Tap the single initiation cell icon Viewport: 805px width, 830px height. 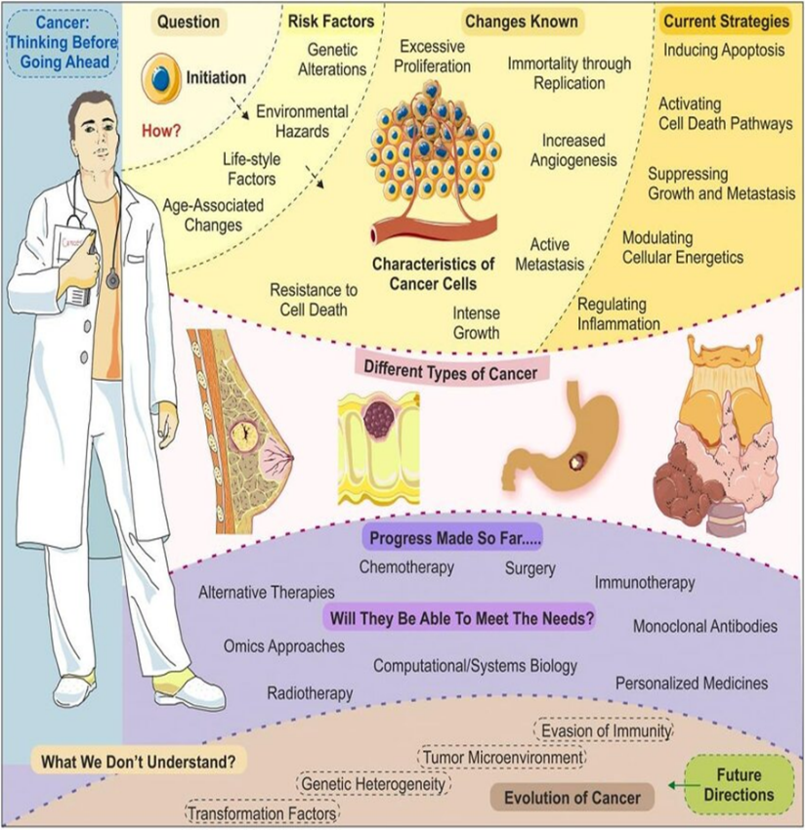pos(162,79)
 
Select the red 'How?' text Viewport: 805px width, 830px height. pos(164,127)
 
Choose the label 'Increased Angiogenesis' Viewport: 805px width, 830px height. pos(574,150)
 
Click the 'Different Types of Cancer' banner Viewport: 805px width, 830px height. pos(442,370)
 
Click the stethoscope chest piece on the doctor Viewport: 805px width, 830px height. pos(113,281)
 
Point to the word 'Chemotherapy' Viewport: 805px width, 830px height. pos(406,566)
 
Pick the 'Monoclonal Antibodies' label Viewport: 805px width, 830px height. pos(705,626)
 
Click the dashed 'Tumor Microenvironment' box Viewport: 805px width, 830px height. pos(503,757)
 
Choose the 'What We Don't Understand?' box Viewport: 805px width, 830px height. pos(139,760)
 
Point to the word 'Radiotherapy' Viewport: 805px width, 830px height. pos(310,692)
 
